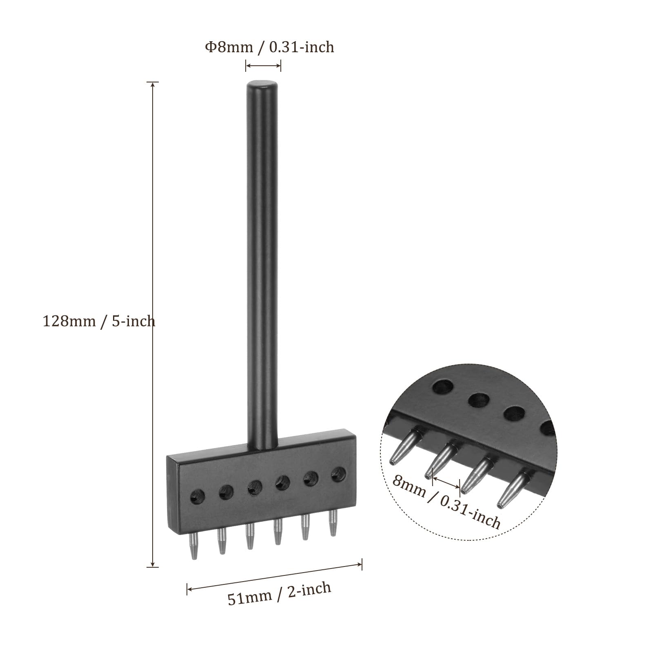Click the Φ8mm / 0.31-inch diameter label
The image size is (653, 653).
point(269,47)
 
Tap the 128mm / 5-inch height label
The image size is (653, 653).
point(99,321)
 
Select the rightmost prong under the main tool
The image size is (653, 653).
point(333,523)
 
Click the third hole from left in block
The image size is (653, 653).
point(254,487)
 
